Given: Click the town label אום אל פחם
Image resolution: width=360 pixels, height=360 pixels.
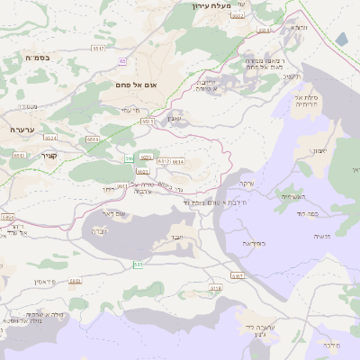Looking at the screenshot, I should (x=137, y=85).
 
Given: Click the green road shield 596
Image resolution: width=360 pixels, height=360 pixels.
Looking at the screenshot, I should (x=129, y=158).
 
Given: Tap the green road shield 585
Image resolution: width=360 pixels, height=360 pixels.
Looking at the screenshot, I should (x=138, y=265).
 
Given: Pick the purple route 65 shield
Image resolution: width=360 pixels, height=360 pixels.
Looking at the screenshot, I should (x=121, y=61).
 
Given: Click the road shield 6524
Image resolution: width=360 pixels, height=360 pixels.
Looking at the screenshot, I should (x=50, y=139).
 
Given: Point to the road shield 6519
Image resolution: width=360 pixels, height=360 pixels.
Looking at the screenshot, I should (x=93, y=140).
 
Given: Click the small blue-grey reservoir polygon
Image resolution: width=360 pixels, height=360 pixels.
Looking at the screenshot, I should (x=342, y=39).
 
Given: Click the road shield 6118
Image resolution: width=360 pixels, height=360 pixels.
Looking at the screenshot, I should (x=215, y=288).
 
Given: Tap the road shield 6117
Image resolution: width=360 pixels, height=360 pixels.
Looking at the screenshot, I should (x=237, y=275).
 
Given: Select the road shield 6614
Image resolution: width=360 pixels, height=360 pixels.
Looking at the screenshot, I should (x=177, y=162).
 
